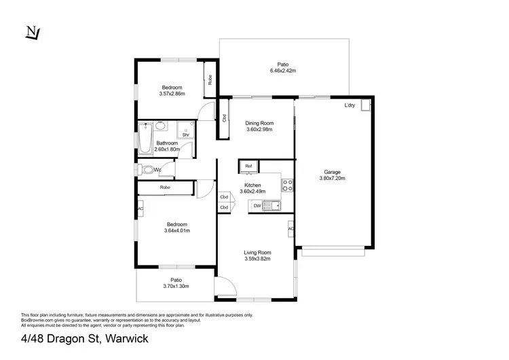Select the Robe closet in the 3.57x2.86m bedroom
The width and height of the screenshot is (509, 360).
tap(210, 79)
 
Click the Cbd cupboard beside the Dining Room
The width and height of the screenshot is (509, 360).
tap(223, 118)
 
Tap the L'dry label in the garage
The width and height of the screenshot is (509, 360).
tap(350, 105)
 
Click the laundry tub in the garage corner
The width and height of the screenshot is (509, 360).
tap(366, 105)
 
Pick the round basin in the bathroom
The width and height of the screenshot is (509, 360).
tap(160, 126)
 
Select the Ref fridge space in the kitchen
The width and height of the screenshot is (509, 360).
tap(248, 166)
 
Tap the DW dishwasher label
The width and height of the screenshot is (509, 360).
tap(257, 205)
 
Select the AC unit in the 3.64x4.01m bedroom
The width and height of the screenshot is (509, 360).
tap(140, 208)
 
